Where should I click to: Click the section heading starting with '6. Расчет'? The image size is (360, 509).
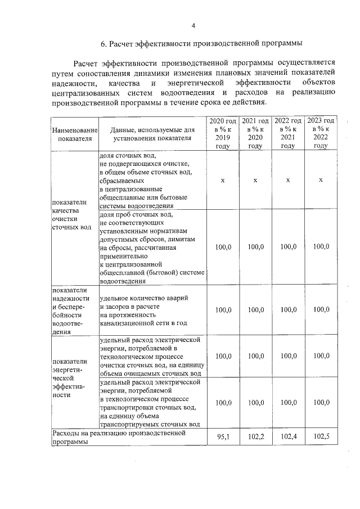(201, 43)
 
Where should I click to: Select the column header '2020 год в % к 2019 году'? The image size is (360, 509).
(223, 133)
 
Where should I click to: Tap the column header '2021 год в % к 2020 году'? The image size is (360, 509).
(255, 133)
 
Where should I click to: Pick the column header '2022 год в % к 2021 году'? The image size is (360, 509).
(288, 133)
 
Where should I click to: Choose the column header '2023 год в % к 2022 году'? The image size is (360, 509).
(321, 133)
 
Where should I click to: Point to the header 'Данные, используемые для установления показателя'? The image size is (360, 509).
(152, 134)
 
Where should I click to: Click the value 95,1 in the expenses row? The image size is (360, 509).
(223, 436)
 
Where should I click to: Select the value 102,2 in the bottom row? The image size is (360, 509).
(255, 436)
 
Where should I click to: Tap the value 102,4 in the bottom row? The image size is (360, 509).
(288, 436)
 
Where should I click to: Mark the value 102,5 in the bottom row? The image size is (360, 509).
(321, 436)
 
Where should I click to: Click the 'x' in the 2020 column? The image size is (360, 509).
(223, 181)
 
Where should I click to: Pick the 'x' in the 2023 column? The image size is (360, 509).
(321, 181)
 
